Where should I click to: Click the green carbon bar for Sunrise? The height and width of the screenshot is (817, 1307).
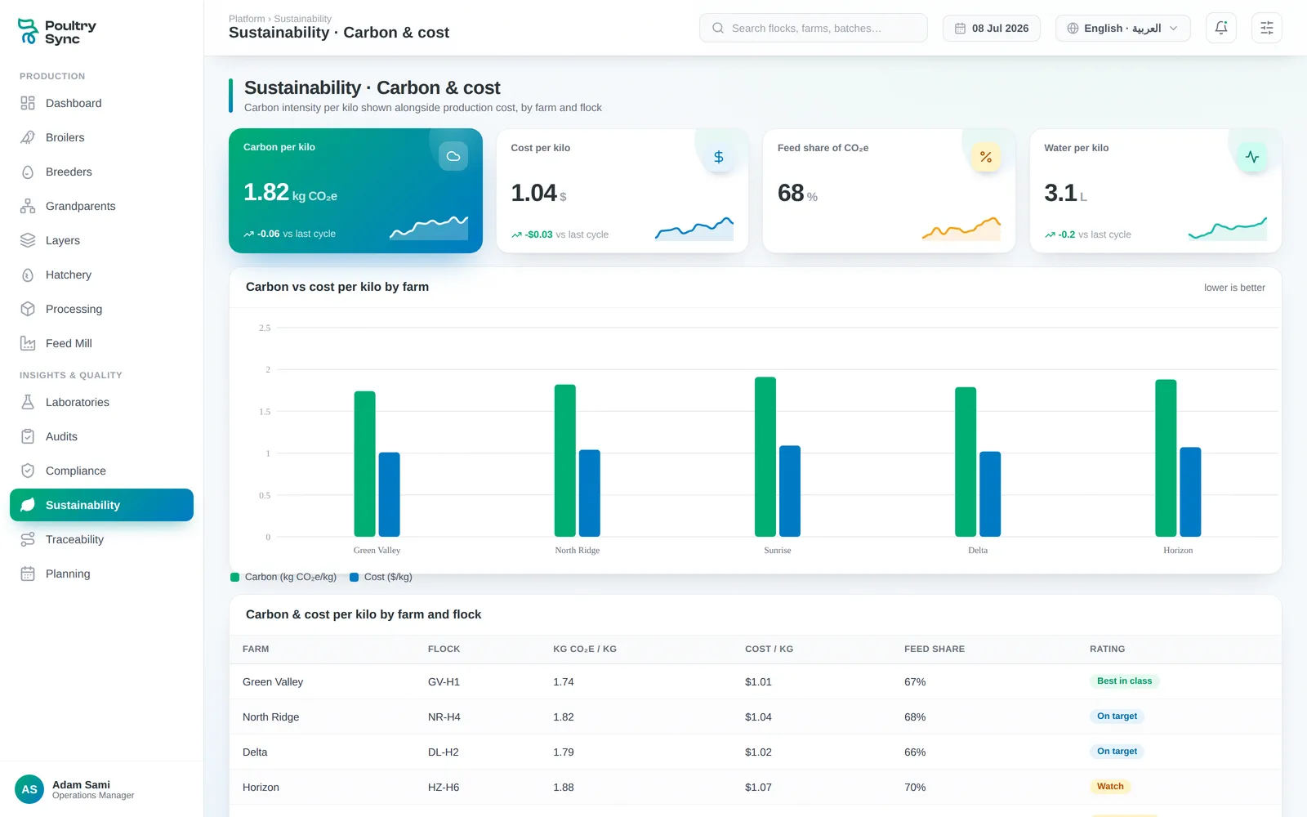tap(765, 457)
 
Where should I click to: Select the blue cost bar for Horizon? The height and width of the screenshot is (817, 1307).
tap(1190, 492)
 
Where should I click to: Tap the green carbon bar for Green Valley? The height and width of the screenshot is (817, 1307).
tap(364, 464)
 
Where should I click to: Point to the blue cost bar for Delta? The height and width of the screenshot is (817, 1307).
tap(989, 494)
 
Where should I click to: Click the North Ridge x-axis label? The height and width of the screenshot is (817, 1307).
tap(577, 551)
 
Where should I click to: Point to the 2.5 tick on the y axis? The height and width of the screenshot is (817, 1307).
tap(265, 328)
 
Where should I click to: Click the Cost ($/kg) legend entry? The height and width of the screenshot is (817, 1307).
tap(381, 577)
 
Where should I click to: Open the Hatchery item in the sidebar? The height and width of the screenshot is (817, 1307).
tap(69, 275)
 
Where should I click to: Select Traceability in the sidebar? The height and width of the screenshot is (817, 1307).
tap(74, 540)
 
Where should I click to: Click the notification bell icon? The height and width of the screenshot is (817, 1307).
tap(1221, 28)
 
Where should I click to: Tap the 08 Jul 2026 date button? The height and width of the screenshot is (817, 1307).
tap(992, 28)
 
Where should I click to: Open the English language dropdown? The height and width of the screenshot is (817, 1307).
tap(1122, 28)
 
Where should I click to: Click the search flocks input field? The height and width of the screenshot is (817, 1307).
tap(814, 28)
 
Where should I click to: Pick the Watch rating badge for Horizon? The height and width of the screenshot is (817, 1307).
tap(1110, 787)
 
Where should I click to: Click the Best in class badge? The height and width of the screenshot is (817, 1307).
tap(1124, 681)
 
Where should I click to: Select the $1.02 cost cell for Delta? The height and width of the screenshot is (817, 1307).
tap(758, 752)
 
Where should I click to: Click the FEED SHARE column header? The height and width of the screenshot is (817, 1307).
tap(935, 649)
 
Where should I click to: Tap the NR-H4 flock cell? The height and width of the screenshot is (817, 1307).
tap(444, 717)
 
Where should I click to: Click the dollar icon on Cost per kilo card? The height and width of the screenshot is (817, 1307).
tap(719, 157)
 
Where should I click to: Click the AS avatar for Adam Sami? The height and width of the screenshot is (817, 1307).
tap(29, 789)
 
